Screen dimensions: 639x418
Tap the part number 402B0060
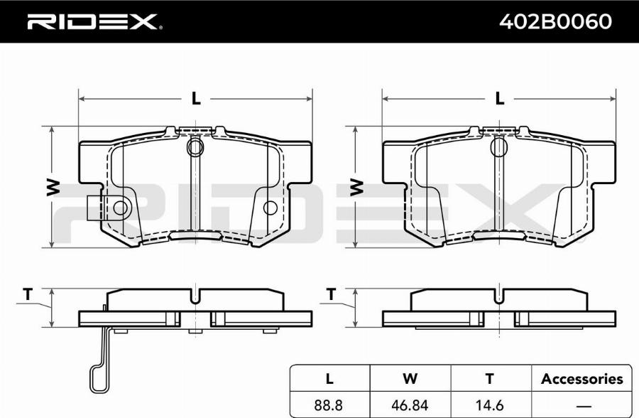[555, 21]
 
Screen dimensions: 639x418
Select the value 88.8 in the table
[329, 405]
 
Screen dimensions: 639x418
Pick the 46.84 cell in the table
[410, 405]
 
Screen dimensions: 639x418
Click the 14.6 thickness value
[489, 405]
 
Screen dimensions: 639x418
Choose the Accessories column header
[582, 379]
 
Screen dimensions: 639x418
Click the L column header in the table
[329, 379]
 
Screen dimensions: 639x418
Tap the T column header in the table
[489, 379]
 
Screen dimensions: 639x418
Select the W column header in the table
[410, 379]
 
